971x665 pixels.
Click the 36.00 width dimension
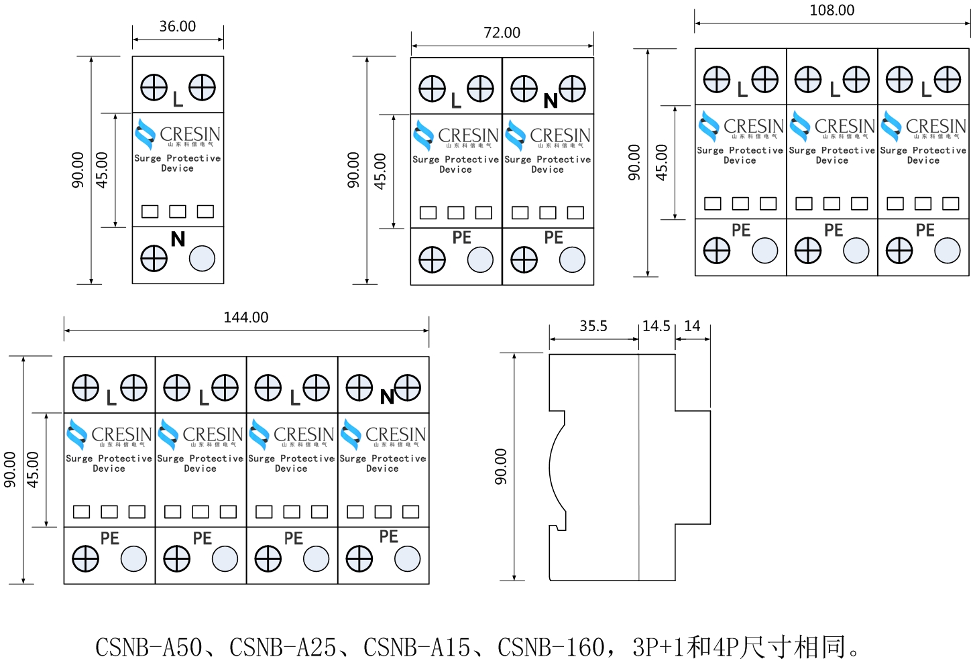[x=178, y=26]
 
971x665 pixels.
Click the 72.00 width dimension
[x=502, y=32]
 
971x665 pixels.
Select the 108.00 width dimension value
[x=832, y=10]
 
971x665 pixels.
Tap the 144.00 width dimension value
[x=245, y=317]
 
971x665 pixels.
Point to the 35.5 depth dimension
[x=593, y=326]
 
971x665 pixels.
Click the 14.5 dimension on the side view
[x=656, y=326]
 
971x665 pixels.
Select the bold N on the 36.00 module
[x=178, y=239]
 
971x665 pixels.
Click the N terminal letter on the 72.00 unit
[x=551, y=101]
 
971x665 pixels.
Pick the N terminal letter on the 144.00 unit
[x=387, y=398]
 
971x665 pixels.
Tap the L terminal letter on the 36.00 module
[x=178, y=100]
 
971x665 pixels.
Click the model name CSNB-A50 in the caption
[x=148, y=648]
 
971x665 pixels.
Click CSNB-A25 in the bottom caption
[x=282, y=648]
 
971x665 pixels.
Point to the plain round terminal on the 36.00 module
[x=202, y=258]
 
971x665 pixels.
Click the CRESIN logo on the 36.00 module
[x=178, y=135]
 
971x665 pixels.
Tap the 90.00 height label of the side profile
[x=501, y=466]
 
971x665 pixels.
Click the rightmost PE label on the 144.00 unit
[x=389, y=536]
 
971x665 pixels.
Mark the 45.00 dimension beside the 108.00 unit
[x=662, y=162]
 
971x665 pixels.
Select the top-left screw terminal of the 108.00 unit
[x=716, y=80]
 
